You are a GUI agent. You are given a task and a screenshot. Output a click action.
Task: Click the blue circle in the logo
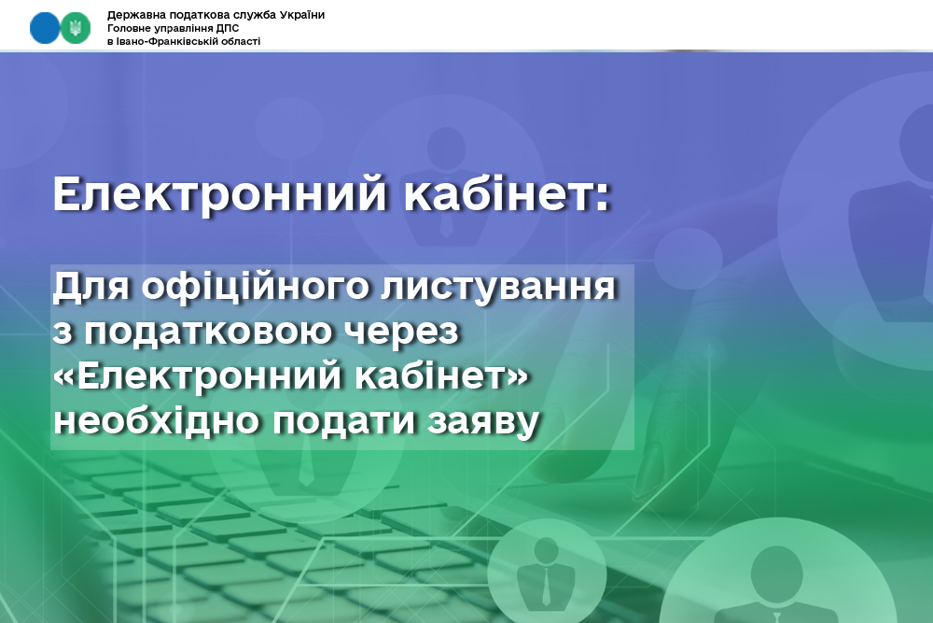click(45, 27)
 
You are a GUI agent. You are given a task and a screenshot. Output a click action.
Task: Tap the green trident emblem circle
click(76, 27)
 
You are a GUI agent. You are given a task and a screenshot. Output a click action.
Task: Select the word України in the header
click(301, 15)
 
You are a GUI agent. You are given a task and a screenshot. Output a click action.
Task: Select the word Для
click(91, 287)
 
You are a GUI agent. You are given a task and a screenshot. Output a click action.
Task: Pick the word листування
click(498, 287)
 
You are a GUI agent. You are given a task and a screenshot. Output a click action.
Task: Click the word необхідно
click(157, 420)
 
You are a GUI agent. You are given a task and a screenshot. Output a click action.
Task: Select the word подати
click(343, 421)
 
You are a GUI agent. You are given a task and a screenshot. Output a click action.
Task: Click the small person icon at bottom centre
click(546, 573)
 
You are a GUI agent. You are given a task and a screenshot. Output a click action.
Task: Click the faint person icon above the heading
click(446, 185)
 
